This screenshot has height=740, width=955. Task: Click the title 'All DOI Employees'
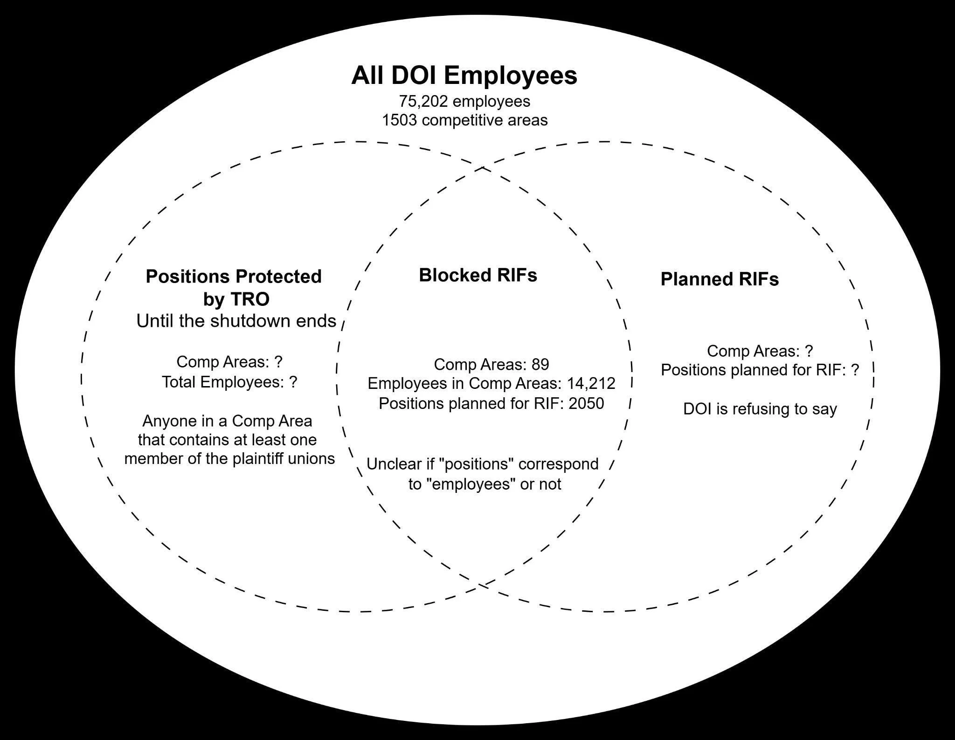[464, 76]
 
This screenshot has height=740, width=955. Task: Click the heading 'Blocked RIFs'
[478, 275]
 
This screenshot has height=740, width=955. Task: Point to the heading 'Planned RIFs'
[720, 279]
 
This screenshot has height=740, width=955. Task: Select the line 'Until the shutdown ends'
[236, 321]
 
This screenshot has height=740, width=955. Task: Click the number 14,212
[591, 383]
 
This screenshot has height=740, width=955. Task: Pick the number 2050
[586, 403]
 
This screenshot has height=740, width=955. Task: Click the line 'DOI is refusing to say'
[760, 409]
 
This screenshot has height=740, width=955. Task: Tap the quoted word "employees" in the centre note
[464, 484]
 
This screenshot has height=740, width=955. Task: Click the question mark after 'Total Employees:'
[293, 382]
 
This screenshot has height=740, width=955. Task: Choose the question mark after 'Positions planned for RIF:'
[854, 370]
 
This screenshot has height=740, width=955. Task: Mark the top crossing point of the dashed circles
[482, 167]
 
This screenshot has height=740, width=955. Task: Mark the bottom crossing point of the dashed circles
[482, 585]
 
